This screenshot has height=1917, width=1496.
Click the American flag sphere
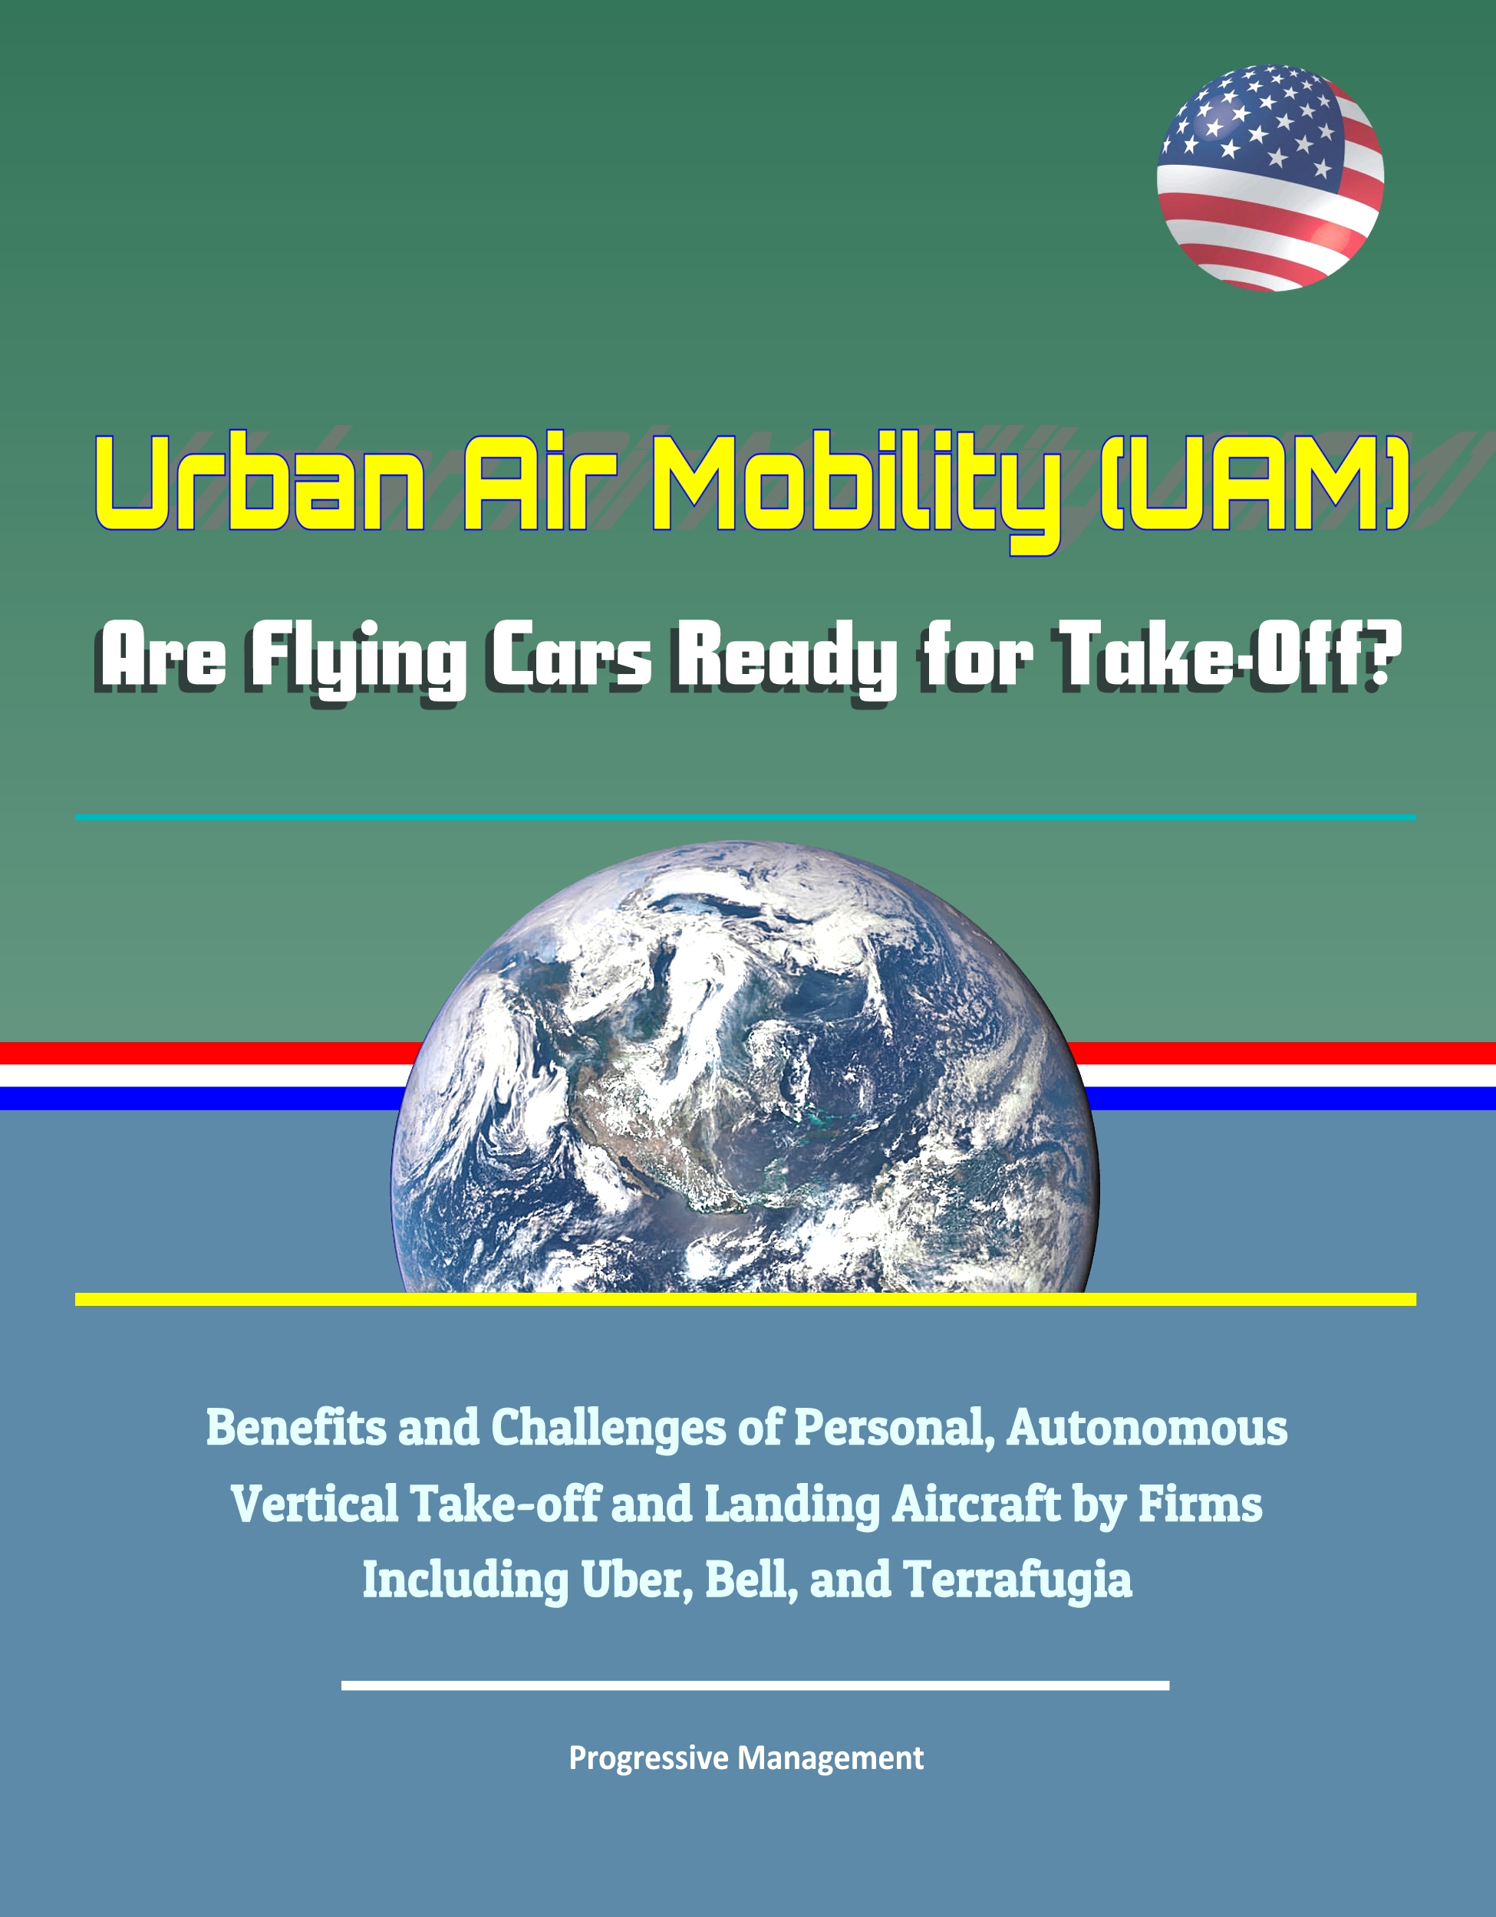click(x=1270, y=177)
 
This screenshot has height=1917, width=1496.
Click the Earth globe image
click(x=744, y=1067)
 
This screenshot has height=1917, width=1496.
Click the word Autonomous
click(x=1148, y=1428)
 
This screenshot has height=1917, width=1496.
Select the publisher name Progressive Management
click(x=746, y=1758)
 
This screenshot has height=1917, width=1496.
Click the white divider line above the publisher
click(x=755, y=1685)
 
